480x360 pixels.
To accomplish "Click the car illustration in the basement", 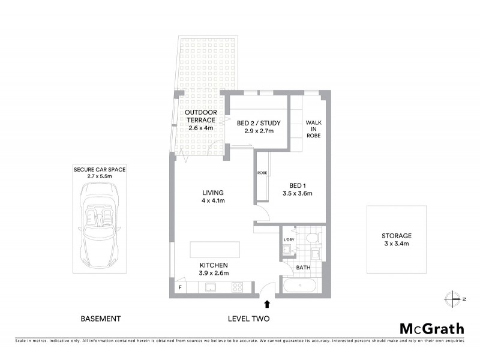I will point(100,225).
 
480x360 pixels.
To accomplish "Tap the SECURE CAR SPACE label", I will point(100,170).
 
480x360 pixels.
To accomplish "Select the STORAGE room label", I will point(397,236).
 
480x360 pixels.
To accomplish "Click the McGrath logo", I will point(431,328).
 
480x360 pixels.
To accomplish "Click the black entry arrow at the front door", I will point(267,305).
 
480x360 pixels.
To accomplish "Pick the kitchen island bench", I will point(215,249).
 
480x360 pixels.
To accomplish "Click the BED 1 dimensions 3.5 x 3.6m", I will point(298,194).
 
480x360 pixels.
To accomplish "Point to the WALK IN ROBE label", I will point(313,129).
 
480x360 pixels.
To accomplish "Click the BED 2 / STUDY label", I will point(259,123).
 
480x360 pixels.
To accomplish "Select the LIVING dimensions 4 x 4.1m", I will point(213,200).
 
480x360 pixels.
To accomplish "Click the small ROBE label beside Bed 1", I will point(262,173).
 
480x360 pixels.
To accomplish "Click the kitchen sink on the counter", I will point(210,287).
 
